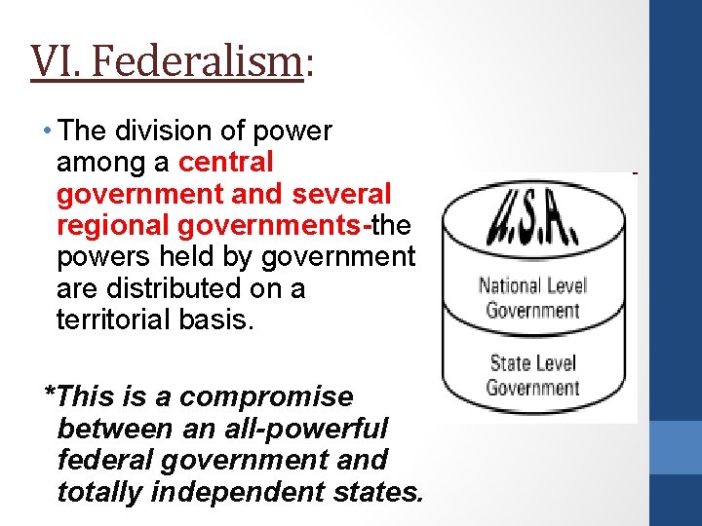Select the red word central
[x=226, y=162]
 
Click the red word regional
[x=113, y=225]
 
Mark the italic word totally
[x=100, y=492]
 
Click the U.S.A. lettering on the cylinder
[x=532, y=221]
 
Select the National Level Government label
[x=532, y=298]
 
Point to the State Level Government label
[x=532, y=376]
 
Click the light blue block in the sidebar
[x=675, y=446]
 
